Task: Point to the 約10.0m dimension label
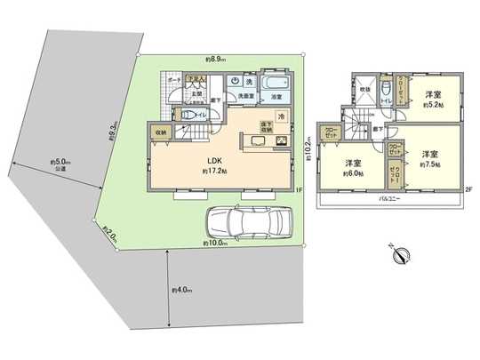[x=214, y=244]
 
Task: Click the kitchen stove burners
[x=283, y=140]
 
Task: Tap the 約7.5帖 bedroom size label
[x=432, y=164]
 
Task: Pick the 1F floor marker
[x=300, y=190]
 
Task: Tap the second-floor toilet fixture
[x=383, y=89]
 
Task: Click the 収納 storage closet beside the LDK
[x=161, y=135]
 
